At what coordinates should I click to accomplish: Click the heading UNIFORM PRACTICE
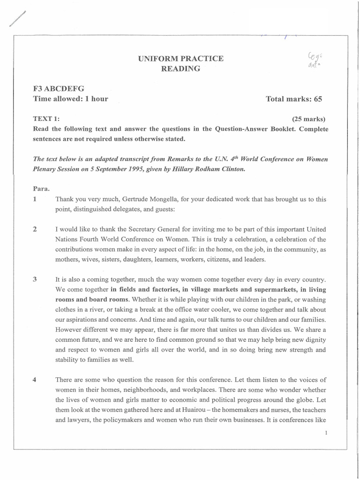[180, 59]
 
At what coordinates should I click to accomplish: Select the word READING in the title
[180, 68]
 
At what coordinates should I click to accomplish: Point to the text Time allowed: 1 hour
[70, 98]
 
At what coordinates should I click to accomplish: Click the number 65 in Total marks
[317, 99]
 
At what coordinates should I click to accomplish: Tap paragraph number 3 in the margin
[35, 279]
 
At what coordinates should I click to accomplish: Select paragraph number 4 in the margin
[35, 379]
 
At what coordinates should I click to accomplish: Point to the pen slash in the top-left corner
[15, 20]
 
